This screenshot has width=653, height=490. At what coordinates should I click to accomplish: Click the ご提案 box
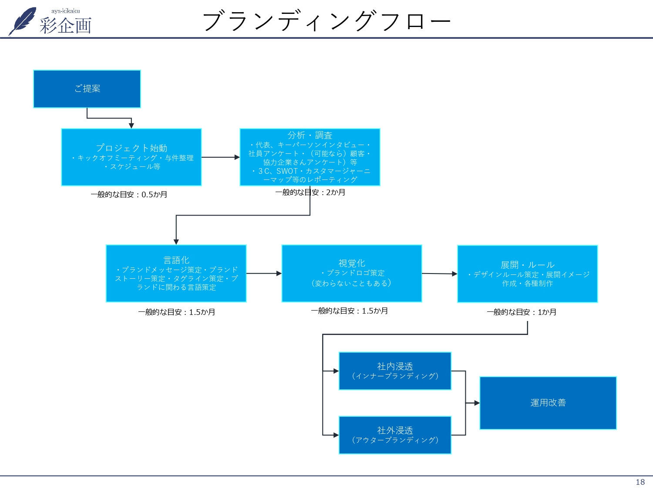[87, 89]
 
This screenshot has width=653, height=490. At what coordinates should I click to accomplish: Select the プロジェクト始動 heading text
[131, 148]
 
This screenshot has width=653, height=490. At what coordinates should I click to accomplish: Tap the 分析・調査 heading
[310, 135]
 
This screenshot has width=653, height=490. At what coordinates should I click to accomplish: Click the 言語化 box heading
[176, 260]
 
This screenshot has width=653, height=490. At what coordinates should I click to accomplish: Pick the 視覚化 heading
[352, 263]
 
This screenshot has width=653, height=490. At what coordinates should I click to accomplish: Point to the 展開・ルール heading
[527, 265]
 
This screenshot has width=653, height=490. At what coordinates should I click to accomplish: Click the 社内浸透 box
[395, 371]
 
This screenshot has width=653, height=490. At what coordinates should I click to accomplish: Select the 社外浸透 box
[395, 435]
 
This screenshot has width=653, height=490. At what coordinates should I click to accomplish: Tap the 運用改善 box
[548, 403]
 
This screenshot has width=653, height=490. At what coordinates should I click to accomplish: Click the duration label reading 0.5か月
[129, 194]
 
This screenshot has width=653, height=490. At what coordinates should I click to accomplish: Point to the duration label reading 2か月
[310, 192]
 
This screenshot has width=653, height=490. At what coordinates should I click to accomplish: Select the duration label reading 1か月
[522, 312]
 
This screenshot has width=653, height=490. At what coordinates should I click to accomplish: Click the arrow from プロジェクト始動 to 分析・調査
[220, 157]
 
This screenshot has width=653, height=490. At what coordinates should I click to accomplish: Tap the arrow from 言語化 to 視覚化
[264, 274]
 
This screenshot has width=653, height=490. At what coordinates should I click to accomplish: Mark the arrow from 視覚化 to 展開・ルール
[439, 274]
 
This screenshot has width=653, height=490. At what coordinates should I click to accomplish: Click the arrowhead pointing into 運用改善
[477, 403]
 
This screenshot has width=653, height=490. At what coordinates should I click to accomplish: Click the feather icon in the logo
[23, 21]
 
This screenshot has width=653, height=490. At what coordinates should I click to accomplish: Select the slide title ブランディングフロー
[326, 21]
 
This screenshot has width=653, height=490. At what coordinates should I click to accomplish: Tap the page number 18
[640, 482]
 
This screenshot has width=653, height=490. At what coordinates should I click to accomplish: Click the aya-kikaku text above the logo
[65, 11]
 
